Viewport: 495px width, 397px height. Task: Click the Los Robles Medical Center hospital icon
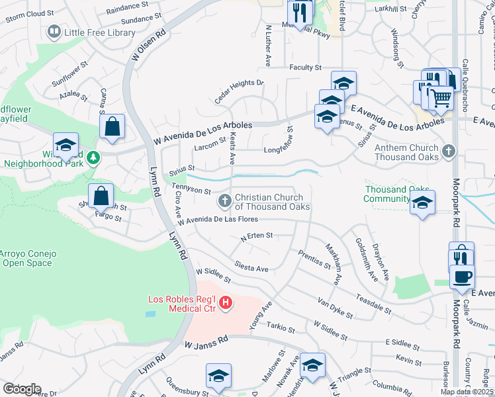click(x=226, y=303)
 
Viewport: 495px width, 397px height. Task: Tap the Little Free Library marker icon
click(x=54, y=31)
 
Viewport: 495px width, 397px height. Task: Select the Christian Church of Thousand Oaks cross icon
click(x=225, y=200)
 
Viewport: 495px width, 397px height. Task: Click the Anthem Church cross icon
click(x=449, y=152)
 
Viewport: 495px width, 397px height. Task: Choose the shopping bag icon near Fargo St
click(x=101, y=195)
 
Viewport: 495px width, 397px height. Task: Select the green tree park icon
click(x=94, y=157)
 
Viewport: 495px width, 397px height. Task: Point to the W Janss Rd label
click(x=206, y=342)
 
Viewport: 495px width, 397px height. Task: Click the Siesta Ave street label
click(x=251, y=267)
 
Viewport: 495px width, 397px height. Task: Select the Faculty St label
click(x=304, y=67)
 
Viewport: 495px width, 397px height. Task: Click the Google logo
click(x=22, y=389)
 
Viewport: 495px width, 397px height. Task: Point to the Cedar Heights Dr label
click(x=239, y=92)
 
